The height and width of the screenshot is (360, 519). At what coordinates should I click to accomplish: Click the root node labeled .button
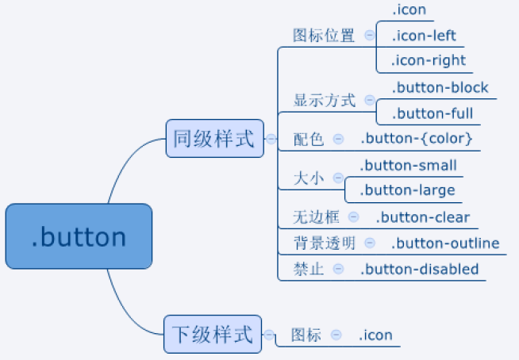[x=79, y=236]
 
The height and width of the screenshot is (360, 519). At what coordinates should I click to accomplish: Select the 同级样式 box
[x=214, y=138]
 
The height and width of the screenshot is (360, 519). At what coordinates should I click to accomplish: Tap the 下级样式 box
[x=213, y=334]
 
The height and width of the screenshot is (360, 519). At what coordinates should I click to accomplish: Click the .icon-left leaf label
[x=424, y=36]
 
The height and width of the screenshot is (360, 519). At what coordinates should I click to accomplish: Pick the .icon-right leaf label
[x=429, y=61]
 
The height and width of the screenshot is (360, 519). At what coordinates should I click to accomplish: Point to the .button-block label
[x=440, y=88]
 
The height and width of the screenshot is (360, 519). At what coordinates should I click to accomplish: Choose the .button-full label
[x=432, y=113]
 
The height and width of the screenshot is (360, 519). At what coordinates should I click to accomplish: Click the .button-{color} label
[x=417, y=139]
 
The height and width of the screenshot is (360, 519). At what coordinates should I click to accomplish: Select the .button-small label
[x=409, y=165]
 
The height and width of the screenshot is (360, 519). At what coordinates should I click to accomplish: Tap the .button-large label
[x=407, y=190]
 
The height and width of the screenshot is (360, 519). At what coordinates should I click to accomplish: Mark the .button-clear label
[x=423, y=217]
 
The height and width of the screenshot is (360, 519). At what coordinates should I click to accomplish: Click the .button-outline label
[x=445, y=243]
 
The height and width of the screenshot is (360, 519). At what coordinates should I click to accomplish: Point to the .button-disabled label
[x=419, y=269]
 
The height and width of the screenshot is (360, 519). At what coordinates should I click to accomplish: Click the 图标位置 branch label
[x=324, y=36]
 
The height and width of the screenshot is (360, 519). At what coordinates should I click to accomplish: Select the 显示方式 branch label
[x=325, y=100]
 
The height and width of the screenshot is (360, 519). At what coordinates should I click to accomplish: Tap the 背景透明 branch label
[x=325, y=243]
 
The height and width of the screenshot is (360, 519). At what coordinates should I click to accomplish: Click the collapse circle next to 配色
[x=338, y=139]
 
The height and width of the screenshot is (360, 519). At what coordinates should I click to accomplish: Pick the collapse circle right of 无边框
[x=353, y=217]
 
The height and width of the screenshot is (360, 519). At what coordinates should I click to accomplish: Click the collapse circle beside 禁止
[x=338, y=269]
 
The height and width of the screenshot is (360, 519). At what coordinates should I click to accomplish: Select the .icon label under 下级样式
[x=375, y=335]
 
